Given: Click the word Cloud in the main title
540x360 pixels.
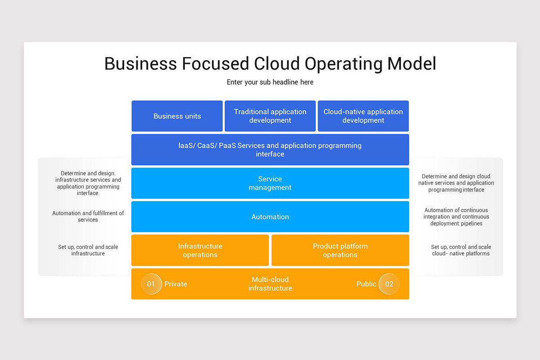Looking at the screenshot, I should [x=277, y=63].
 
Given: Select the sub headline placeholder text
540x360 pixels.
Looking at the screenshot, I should [x=270, y=82].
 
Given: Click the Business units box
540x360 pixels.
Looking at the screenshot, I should [x=177, y=116].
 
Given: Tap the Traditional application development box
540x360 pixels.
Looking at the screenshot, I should [x=270, y=116].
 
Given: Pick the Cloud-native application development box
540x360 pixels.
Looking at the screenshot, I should [x=363, y=116].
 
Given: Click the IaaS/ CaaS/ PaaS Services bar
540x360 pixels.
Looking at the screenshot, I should [x=270, y=150].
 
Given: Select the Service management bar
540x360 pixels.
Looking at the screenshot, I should [x=270, y=183].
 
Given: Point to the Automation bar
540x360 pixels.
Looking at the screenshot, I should [x=270, y=217].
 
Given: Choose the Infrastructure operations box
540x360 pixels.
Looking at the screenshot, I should [x=200, y=250].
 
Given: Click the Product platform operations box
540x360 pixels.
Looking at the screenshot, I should [x=340, y=250].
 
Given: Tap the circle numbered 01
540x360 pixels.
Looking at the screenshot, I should [x=151, y=284].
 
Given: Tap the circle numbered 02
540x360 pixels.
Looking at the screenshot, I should [x=389, y=284].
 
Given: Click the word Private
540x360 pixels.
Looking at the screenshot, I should [x=176, y=284].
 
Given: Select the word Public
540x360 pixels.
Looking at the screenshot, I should [x=366, y=284].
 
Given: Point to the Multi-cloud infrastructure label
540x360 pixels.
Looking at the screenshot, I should [x=270, y=284].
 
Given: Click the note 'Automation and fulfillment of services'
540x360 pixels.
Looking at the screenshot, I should [x=88, y=216].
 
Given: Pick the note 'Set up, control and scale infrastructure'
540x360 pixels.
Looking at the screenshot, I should [x=88, y=250].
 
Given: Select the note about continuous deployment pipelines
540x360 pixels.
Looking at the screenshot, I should [x=456, y=217].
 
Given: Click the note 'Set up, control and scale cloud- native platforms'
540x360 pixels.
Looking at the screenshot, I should [x=461, y=250].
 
